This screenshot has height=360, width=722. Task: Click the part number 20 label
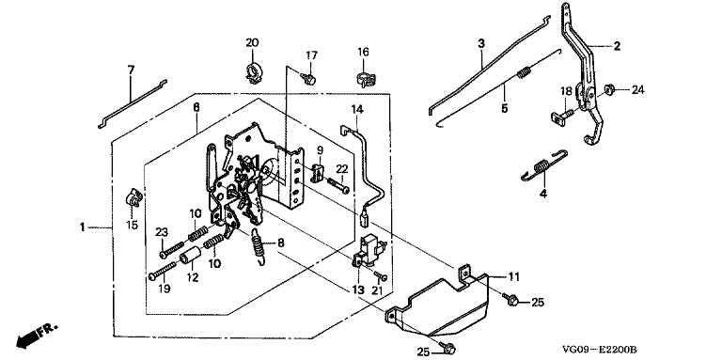click(252, 43)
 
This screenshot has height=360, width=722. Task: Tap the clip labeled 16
click(364, 79)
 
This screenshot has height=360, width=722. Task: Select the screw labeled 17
click(308, 79)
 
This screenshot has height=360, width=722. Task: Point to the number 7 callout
click(131, 70)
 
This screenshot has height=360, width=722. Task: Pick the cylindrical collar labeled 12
click(191, 255)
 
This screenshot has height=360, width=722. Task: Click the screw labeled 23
click(171, 249)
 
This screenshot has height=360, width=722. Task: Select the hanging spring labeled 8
click(259, 247)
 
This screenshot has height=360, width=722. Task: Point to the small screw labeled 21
click(381, 275)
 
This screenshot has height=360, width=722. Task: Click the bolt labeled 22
click(338, 185)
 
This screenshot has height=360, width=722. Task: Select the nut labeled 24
click(610, 89)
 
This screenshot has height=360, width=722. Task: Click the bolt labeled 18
click(562, 116)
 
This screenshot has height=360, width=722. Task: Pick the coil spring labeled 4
click(544, 166)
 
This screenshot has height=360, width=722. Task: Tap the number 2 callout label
click(616, 45)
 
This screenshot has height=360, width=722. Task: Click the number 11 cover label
click(514, 276)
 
